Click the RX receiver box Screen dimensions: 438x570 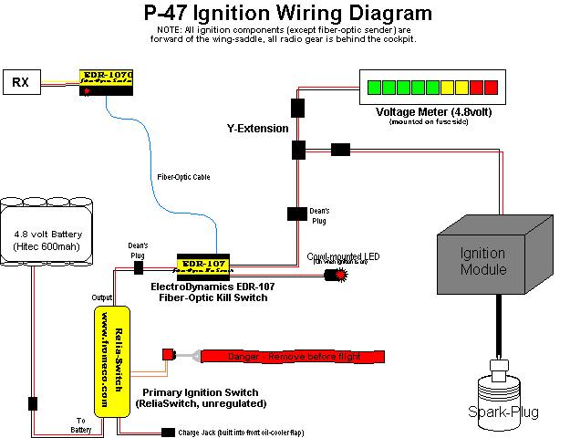(x=20, y=83)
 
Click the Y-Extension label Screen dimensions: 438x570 (x=257, y=129)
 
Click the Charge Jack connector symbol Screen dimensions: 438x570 (x=167, y=433)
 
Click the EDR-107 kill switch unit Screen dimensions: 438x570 (x=202, y=265)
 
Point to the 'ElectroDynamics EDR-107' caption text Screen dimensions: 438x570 (x=213, y=286)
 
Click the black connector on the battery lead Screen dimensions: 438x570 (x=33, y=402)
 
